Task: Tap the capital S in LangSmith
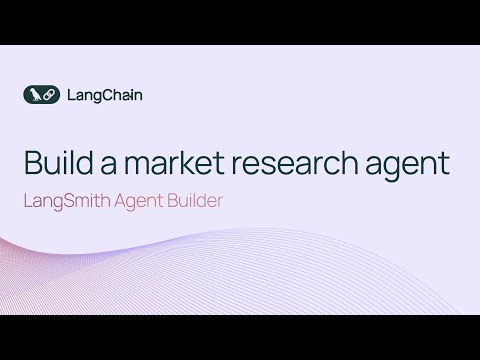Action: tap(65, 199)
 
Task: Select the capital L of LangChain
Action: tap(69, 96)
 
